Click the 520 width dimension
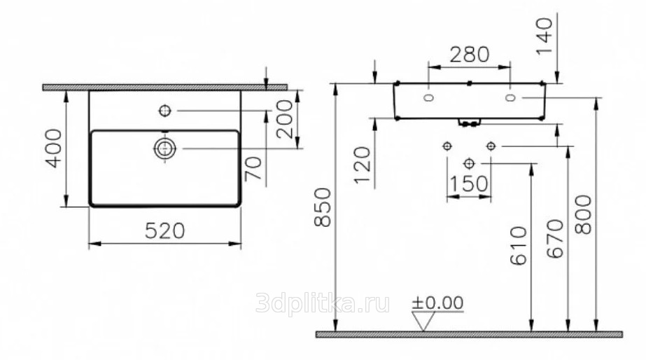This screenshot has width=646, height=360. coord(164,231)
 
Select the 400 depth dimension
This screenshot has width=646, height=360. coord(54,148)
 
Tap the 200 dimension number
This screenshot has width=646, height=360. coord(285,119)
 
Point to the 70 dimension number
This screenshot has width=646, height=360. coord(253,169)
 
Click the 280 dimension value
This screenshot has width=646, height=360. coord(469,55)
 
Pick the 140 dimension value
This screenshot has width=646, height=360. coord(545,36)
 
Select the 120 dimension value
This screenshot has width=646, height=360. coord(363,165)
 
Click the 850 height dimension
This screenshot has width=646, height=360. coord(323,207)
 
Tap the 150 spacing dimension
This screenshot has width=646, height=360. coord(469,184)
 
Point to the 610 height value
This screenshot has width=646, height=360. coord(519,245)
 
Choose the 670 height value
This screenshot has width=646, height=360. coord(555,239)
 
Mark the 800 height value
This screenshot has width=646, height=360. coord(583,215)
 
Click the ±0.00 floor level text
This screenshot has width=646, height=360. coord(437,303)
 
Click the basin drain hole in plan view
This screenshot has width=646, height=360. coord(164,148)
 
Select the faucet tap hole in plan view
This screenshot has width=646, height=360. coord(164,111)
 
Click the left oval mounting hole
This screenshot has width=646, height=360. coord(429,98)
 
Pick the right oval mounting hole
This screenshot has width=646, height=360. coord(510,98)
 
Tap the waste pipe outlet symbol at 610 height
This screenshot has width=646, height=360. coord(469,164)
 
